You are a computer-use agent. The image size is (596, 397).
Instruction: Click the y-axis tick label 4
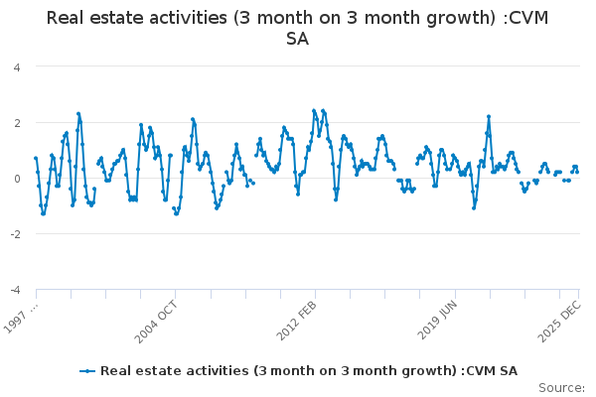coord(17,67)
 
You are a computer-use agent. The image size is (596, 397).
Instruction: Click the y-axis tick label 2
coord(17,123)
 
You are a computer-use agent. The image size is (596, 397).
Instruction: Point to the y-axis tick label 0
coord(17,179)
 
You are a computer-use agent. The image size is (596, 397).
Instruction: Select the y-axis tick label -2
coord(15,234)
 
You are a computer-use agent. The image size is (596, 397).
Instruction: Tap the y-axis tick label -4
coord(15,290)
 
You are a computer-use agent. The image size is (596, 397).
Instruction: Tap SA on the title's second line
coord(297,40)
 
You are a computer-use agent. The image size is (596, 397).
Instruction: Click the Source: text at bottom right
coord(562,387)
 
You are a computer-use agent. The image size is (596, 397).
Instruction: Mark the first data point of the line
coord(36,158)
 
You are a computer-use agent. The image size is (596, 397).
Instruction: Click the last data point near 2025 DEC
coord(577,172)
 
